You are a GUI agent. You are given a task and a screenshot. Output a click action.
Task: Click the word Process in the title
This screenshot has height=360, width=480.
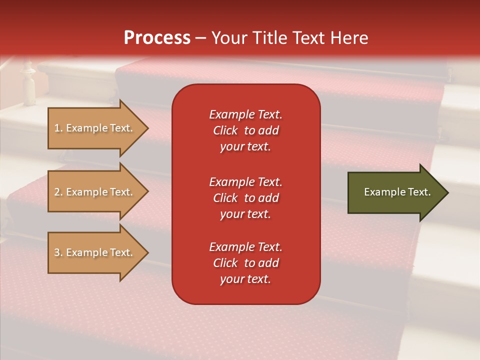[x=157, y=38]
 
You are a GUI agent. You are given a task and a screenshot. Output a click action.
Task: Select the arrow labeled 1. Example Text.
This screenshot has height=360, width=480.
[x=95, y=128]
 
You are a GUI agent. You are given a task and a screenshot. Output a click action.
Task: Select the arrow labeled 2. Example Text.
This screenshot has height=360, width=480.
[x=95, y=192]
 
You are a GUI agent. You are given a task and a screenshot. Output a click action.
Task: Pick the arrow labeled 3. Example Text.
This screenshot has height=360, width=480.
[x=95, y=252]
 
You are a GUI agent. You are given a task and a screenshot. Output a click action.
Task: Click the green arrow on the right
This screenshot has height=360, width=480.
[x=395, y=192]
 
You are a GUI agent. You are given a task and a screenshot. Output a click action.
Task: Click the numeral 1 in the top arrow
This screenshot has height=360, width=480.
[x=57, y=128]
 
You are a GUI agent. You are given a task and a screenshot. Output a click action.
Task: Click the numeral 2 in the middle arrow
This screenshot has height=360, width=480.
[x=57, y=192]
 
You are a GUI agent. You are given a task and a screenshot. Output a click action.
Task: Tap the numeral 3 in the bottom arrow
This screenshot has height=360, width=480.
[x=57, y=252]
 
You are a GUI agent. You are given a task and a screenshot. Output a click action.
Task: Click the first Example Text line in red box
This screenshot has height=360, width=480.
[x=245, y=114]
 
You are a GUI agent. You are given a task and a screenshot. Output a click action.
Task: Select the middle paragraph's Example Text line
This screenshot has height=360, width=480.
[x=245, y=182]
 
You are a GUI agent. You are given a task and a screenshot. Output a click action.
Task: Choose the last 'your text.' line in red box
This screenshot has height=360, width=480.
[x=245, y=279]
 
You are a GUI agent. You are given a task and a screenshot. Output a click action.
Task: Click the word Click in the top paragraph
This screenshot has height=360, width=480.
[x=225, y=130]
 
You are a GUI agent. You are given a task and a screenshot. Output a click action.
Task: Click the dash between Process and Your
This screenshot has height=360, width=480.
[x=200, y=38]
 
